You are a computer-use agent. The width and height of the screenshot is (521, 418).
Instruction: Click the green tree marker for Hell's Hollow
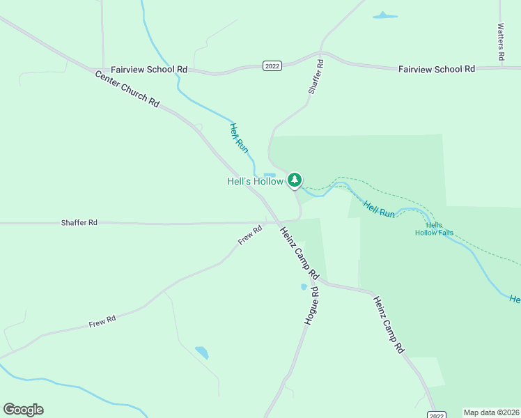(x=295, y=180)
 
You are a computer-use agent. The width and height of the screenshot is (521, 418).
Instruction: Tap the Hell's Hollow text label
(x=255, y=181)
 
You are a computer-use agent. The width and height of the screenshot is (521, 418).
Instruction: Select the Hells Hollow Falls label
(x=435, y=229)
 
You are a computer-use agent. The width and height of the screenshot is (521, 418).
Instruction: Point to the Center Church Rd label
(x=127, y=88)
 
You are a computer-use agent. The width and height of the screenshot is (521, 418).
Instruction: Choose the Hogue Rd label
(x=311, y=304)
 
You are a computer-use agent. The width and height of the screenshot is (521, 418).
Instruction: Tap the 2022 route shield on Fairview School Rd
(x=272, y=65)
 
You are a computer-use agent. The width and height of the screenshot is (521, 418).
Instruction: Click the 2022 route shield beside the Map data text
(x=436, y=415)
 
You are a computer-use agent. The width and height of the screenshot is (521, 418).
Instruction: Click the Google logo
(x=23, y=409)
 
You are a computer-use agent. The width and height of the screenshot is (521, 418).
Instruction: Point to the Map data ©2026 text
(x=491, y=412)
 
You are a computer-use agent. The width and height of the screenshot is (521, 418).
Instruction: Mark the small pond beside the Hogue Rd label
(x=304, y=286)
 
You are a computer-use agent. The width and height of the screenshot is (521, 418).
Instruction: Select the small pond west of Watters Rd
(x=384, y=15)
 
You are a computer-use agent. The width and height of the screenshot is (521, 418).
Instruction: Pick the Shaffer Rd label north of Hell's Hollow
(x=316, y=77)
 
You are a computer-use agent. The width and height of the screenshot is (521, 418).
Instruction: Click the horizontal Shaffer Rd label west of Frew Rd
(x=79, y=222)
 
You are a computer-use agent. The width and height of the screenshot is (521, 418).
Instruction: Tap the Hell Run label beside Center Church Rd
(x=238, y=137)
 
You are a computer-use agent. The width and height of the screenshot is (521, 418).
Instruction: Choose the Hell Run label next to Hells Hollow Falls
(x=379, y=208)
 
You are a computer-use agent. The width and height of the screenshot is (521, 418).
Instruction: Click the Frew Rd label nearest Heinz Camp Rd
(x=250, y=234)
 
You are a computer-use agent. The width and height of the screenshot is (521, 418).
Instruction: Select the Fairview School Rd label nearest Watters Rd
(x=436, y=69)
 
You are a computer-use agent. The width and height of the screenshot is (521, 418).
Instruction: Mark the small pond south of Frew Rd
(x=201, y=352)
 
